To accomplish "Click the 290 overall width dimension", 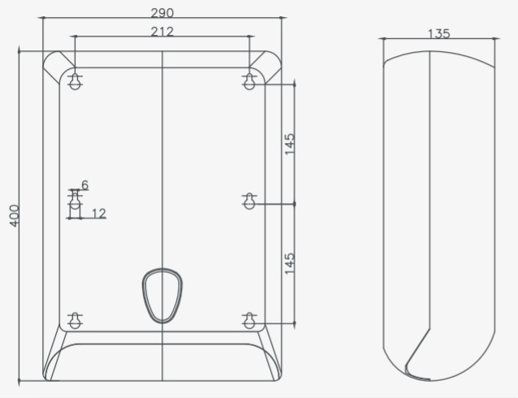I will (x=162, y=13).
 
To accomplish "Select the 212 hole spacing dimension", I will (x=162, y=32).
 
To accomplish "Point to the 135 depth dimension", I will (x=438, y=33).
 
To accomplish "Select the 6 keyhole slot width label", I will (x=85, y=185).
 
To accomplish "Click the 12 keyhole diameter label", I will (x=98, y=213).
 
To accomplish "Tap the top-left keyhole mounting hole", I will (x=75, y=81).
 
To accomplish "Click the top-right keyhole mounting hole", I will (x=249, y=81).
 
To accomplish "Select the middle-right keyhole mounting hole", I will (x=249, y=201).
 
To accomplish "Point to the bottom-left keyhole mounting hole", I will (x=75, y=321).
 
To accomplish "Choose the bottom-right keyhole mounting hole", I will (x=249, y=321).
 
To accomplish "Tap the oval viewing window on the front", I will (x=162, y=294).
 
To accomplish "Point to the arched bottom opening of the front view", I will (x=162, y=361).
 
